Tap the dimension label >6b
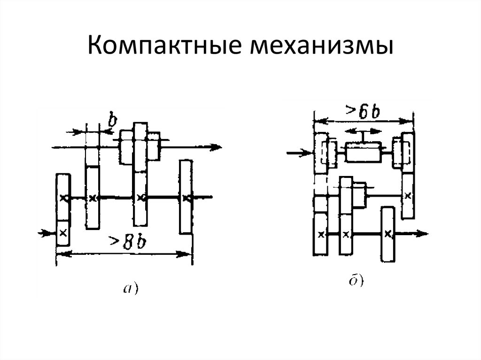point(363,112)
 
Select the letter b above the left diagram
point(113,121)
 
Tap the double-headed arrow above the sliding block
point(364,131)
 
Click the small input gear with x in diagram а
point(63,233)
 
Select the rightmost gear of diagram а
point(186,197)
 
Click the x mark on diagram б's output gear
point(388,234)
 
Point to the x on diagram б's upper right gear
point(408,195)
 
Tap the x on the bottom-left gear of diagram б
point(321,235)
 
